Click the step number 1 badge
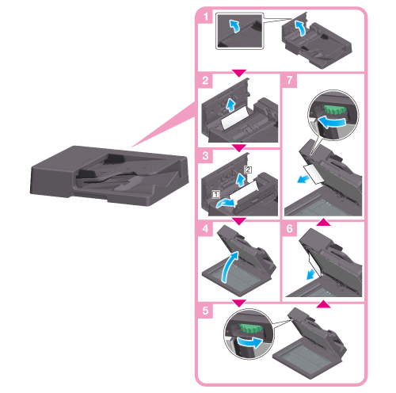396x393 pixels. coord(205,17)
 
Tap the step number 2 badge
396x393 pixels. coord(205,80)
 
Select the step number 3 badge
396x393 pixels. coord(205,155)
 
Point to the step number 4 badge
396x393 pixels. coord(205,228)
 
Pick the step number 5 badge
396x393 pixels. coord(205,311)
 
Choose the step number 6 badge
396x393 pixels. coord(290,228)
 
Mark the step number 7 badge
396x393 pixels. coord(290,80)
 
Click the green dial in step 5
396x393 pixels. coord(251,329)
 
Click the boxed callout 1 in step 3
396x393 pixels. coord(215,195)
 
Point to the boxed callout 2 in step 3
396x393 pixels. coord(248,170)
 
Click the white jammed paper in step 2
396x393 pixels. coord(235,118)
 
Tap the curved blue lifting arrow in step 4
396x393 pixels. coord(229,267)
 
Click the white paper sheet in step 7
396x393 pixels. coord(314,174)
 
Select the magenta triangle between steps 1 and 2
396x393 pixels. coord(238,73)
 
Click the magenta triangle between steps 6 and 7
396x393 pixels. coord(323,222)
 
